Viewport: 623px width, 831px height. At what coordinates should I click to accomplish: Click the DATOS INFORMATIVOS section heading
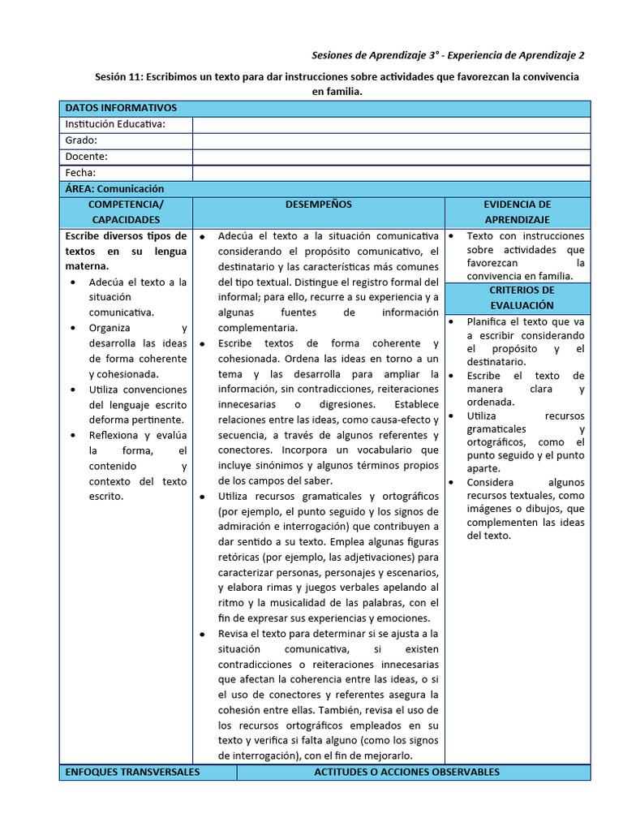(121, 108)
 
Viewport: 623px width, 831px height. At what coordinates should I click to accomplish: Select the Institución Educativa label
(115, 124)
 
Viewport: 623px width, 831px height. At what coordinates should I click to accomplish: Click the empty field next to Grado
(391, 140)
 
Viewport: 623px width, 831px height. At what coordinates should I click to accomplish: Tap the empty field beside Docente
(391, 157)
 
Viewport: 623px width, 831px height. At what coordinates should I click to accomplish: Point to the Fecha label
(80, 173)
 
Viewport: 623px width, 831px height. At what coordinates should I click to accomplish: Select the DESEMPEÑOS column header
(318, 205)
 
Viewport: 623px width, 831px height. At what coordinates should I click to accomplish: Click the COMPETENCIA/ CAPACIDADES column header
(126, 212)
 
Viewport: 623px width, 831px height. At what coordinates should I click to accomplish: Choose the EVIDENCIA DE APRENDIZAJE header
(517, 212)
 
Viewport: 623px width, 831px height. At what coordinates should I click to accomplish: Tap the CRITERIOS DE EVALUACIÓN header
(522, 297)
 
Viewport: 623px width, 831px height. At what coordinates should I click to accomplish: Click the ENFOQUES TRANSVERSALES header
(132, 772)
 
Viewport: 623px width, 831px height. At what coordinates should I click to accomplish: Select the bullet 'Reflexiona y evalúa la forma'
(138, 435)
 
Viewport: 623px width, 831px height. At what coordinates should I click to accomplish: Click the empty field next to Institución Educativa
(391, 124)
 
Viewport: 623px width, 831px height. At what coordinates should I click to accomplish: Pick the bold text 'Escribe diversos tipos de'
(126, 236)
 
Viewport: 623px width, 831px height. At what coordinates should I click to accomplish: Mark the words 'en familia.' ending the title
(337, 92)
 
